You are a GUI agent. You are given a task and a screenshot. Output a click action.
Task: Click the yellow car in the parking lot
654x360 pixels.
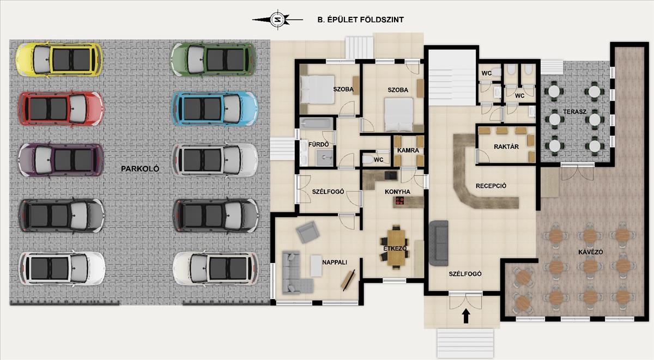pos(59,59)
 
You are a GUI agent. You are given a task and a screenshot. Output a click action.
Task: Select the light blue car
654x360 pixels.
pos(214,108)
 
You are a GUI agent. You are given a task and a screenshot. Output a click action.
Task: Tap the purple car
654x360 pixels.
pos(60,160)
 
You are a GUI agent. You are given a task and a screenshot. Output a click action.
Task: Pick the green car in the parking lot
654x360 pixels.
pos(214,59)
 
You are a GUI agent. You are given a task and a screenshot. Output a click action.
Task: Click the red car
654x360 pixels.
pos(60,108)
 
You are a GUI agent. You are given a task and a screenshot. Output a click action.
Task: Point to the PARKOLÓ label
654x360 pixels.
pos(140,169)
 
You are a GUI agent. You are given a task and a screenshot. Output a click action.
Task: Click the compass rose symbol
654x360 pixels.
pos(277,20)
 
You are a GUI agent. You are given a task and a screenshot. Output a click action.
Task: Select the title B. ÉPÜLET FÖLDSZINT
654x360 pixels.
pos(361,20)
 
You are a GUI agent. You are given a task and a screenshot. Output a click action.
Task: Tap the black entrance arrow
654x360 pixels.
pos(465,316)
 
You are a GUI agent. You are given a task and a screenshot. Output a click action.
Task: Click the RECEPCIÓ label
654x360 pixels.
pos(491,186)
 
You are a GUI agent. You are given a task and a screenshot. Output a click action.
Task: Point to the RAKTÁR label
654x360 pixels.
pos(506,147)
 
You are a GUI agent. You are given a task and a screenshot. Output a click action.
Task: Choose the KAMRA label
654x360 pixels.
pos(408,150)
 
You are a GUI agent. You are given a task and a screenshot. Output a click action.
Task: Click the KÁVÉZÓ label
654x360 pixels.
pos(590,252)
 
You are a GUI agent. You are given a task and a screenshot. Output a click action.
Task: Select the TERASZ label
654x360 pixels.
pos(574,112)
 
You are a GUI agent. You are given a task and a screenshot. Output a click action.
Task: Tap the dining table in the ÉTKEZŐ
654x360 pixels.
pos(396,247)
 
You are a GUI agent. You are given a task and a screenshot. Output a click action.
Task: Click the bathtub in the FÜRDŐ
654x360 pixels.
pos(317,124)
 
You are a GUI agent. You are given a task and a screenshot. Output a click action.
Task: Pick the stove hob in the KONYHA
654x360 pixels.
pos(400,201)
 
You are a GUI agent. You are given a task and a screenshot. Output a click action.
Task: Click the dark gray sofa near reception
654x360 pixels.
pos(439,243)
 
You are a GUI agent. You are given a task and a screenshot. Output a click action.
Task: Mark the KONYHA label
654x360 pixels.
pos(397,192)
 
